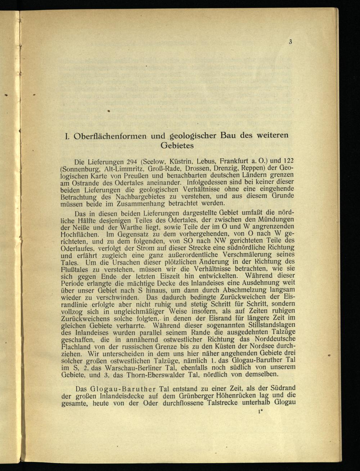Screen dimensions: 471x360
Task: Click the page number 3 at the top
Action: point(290,42)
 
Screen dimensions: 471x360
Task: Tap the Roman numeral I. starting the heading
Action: point(67,136)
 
